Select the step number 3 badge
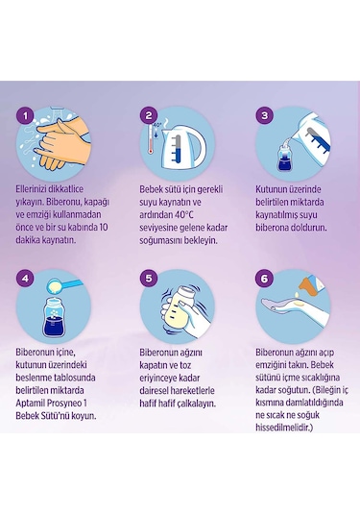[x=267, y=115]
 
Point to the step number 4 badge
[x=26, y=281]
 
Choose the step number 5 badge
[x=148, y=281]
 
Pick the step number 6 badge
[x=267, y=281]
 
